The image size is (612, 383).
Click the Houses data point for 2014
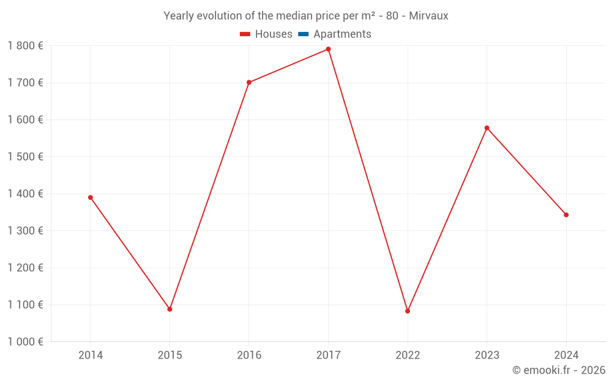(x=91, y=198)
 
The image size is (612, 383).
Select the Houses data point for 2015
(x=170, y=309)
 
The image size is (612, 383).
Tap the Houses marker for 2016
(x=249, y=83)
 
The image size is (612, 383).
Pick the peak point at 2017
(x=328, y=49)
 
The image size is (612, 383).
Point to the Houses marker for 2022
(x=408, y=311)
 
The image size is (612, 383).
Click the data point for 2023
(x=487, y=128)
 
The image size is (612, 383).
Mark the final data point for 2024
(x=566, y=215)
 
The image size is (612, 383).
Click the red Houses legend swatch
(x=245, y=34)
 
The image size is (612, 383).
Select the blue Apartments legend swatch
(x=304, y=34)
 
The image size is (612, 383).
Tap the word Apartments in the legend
(x=342, y=34)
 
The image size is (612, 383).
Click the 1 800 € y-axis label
(x=25, y=46)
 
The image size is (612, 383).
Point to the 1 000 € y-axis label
(x=25, y=341)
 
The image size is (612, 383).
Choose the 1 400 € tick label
(x=25, y=194)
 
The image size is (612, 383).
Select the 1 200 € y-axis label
(x=25, y=268)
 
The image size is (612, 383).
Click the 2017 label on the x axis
(x=328, y=355)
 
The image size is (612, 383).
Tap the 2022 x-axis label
(x=408, y=355)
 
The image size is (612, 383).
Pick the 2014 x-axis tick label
(x=91, y=355)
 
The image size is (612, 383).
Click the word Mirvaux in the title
(x=428, y=16)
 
